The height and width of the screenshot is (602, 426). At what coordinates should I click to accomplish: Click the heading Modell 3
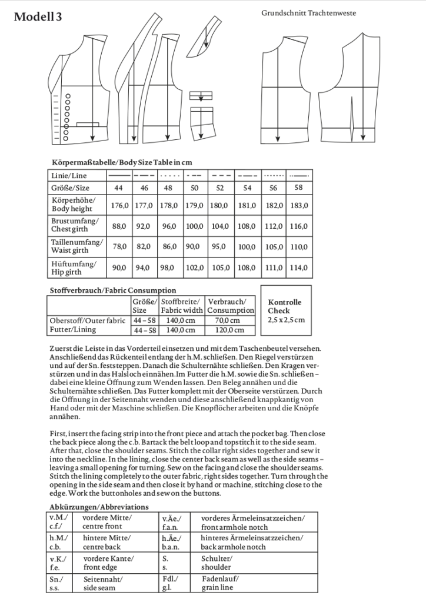[x=38, y=17]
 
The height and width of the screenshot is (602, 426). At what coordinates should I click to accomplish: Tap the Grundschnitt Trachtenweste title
[x=309, y=12]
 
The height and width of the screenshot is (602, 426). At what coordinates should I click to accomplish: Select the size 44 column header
[x=119, y=188]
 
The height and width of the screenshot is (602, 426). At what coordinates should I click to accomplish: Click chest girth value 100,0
[x=195, y=226]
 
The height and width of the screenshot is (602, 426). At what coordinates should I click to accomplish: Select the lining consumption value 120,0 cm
[x=231, y=331]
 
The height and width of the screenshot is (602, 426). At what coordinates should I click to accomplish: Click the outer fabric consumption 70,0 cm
[x=231, y=320]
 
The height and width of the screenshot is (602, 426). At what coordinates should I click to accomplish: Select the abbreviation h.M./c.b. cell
[x=58, y=542]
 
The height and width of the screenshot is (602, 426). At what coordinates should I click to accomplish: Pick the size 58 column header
[x=299, y=188]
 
